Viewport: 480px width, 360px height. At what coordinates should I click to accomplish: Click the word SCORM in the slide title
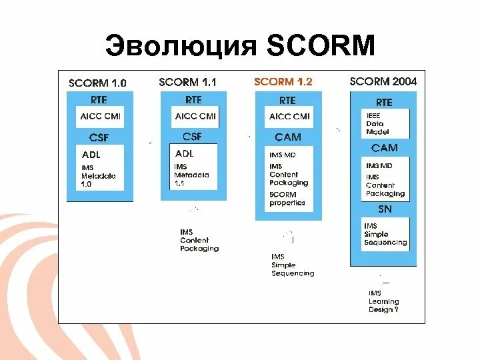[321, 45]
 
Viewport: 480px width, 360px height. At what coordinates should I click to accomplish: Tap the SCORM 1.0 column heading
[97, 83]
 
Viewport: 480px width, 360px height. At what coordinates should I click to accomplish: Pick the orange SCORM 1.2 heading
[283, 82]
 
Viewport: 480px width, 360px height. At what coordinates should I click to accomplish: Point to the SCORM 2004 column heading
[383, 81]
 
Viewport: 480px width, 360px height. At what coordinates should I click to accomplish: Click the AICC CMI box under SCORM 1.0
[101, 116]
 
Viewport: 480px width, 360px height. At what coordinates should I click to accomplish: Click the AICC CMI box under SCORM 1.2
[289, 116]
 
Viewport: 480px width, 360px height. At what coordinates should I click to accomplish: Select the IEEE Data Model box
[378, 123]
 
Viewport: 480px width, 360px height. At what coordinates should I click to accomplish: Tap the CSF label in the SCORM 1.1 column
[192, 137]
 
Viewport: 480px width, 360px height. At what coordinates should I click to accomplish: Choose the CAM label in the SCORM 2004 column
[385, 148]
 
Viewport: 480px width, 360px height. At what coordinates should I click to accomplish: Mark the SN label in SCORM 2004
[385, 209]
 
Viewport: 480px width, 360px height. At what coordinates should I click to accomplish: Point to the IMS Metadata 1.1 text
[191, 175]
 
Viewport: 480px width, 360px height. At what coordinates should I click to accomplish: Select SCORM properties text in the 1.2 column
[287, 199]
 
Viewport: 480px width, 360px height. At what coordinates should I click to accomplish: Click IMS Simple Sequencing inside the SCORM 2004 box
[385, 235]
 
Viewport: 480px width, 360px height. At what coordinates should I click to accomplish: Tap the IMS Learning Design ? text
[383, 301]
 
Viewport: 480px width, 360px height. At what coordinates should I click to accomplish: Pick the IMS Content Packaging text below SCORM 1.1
[199, 240]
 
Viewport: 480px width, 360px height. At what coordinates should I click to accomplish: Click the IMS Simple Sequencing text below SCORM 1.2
[292, 265]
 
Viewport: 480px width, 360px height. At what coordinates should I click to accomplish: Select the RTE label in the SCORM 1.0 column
[100, 99]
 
